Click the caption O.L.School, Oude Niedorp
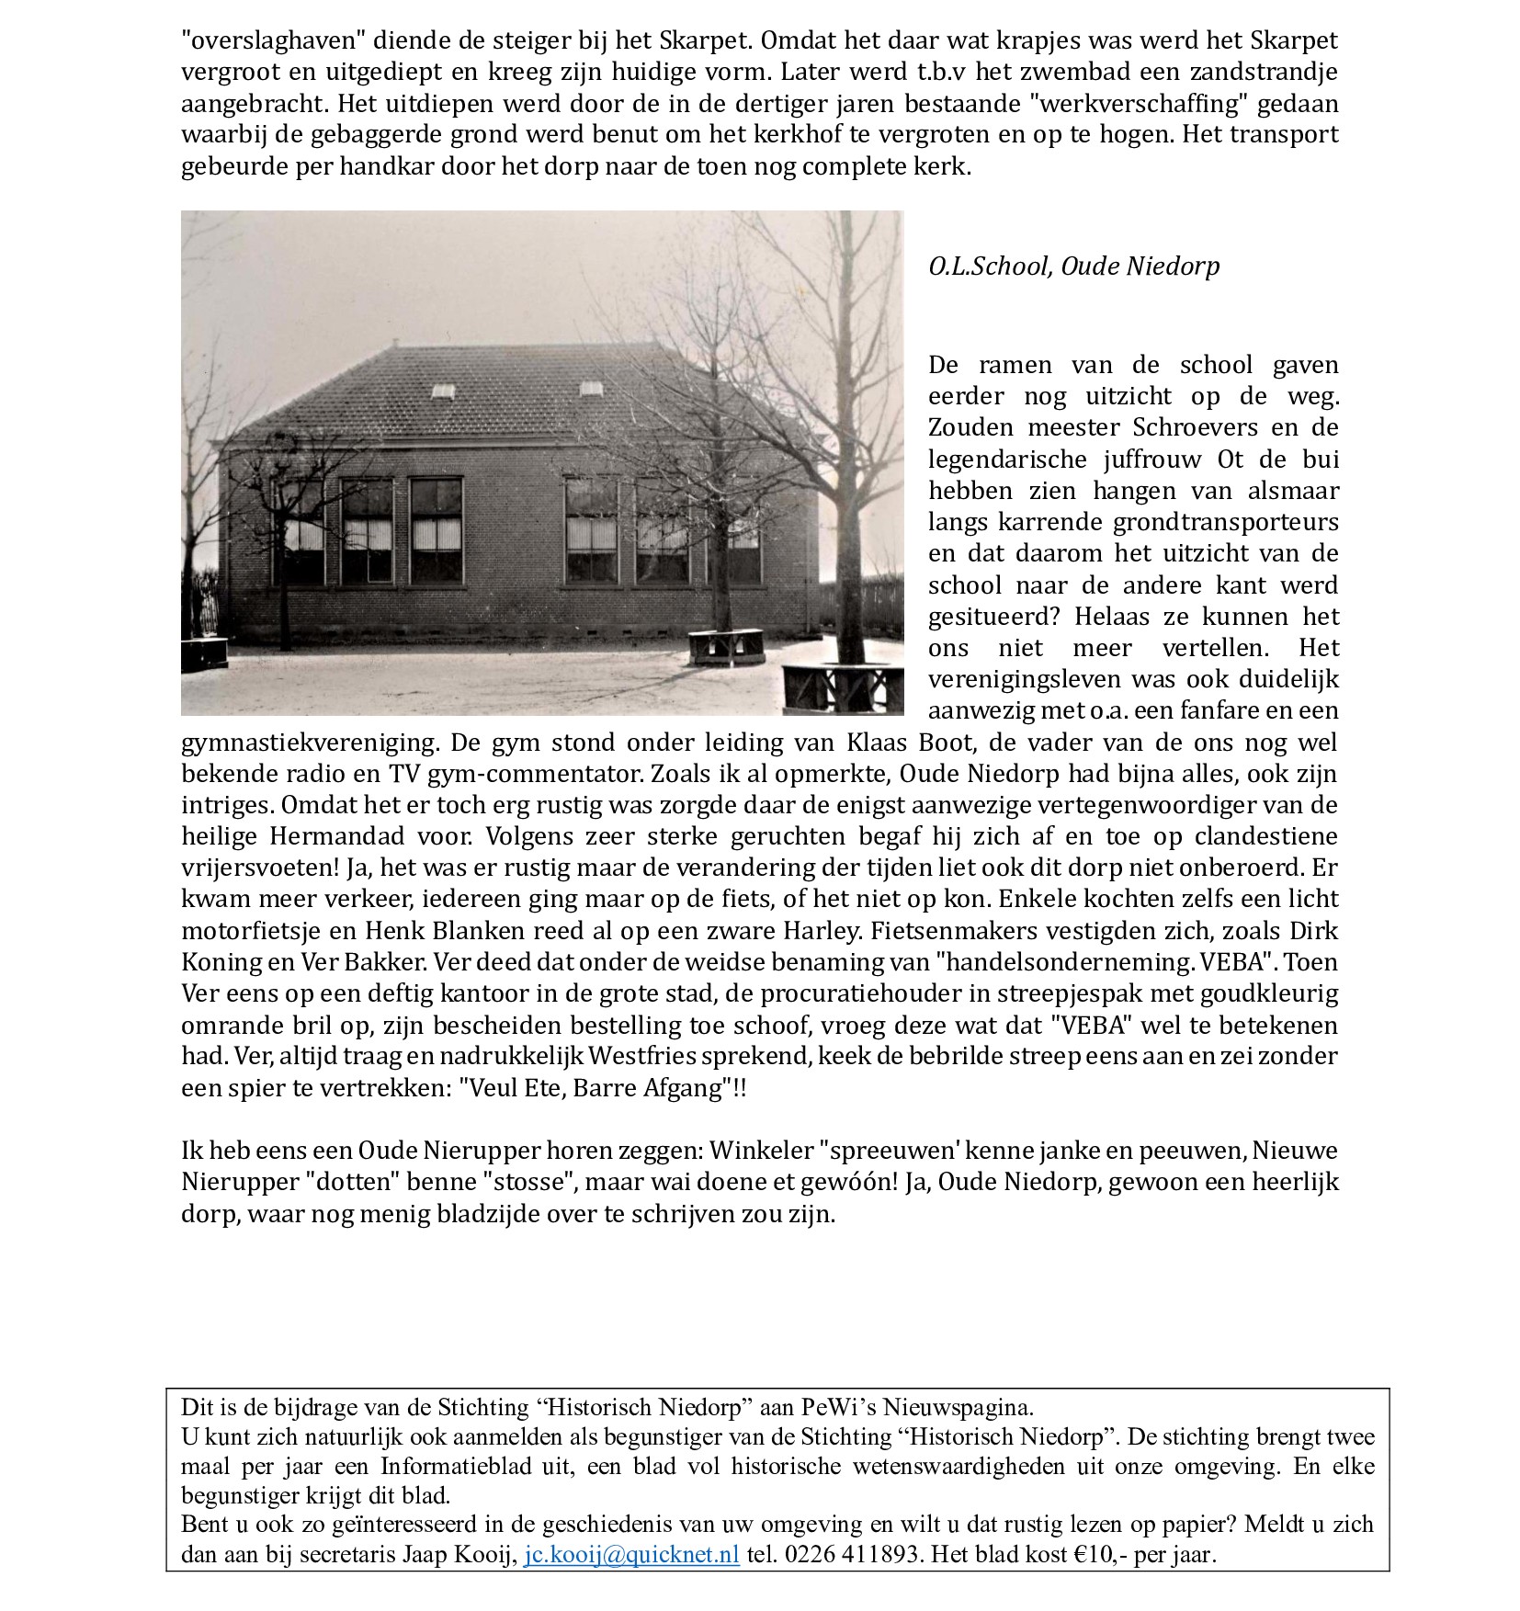pos(1073,267)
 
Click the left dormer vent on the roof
pos(443,391)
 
